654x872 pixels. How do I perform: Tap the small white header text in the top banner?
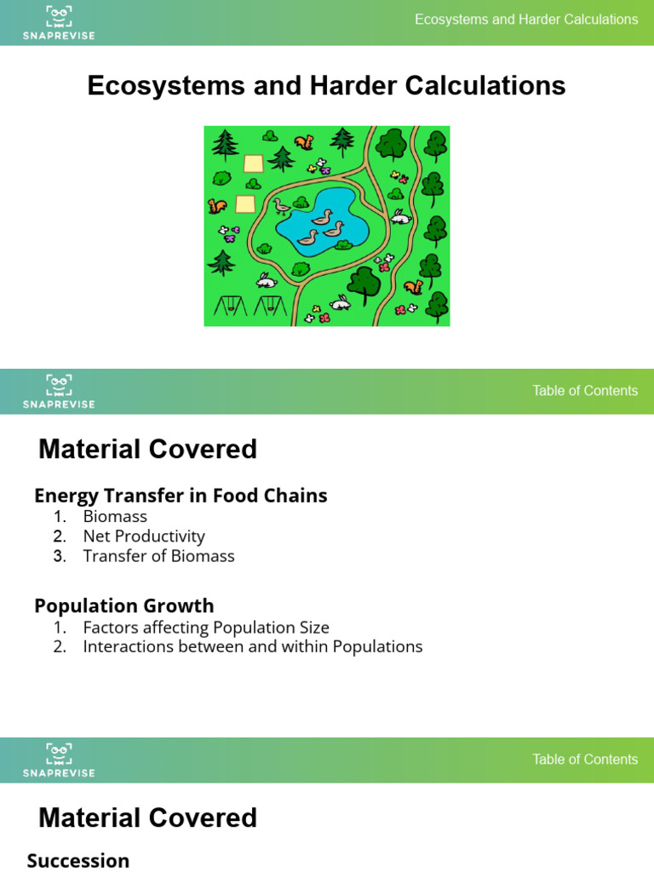pyautogui.click(x=525, y=20)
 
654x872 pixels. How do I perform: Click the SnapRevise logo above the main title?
pyautogui.click(x=59, y=22)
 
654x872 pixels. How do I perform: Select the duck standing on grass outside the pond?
pyautogui.click(x=280, y=206)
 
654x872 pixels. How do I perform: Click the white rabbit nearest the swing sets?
pyautogui.click(x=267, y=279)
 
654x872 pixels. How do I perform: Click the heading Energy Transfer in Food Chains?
pyautogui.click(x=181, y=496)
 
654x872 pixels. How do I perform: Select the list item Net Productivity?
pyautogui.click(x=144, y=536)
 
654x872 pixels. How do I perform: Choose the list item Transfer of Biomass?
pyautogui.click(x=158, y=556)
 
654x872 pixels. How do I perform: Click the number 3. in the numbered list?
pyautogui.click(x=59, y=556)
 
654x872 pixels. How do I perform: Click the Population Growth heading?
pyautogui.click(x=124, y=606)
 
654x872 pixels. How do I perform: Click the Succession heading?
pyautogui.click(x=78, y=861)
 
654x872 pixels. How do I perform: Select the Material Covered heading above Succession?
pyautogui.click(x=147, y=818)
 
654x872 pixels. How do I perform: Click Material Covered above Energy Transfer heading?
pyautogui.click(x=147, y=450)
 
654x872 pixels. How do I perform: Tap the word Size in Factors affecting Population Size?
pyautogui.click(x=312, y=628)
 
